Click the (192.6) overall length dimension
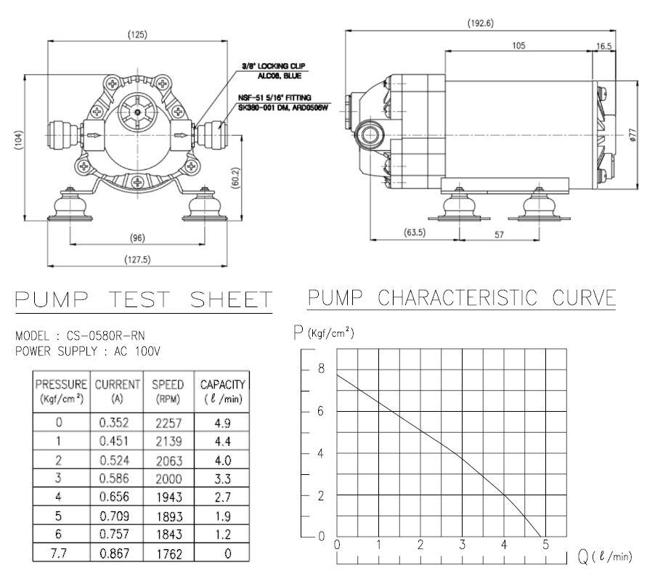480,23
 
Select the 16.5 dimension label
603,46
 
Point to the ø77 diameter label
633,135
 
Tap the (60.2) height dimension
235,178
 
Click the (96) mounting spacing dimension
137,237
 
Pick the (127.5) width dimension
137,259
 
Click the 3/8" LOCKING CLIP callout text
274,66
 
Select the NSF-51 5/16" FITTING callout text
274,98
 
